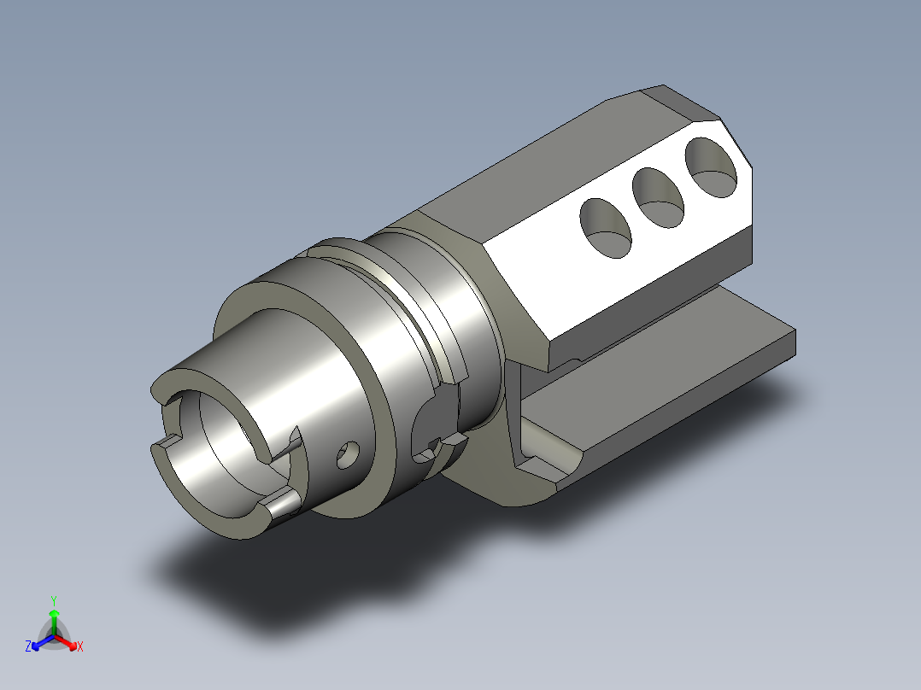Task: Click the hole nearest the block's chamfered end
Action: (x=711, y=167)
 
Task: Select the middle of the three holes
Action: (x=658, y=198)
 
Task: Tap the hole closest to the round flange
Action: (x=606, y=228)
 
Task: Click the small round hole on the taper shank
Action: (x=348, y=456)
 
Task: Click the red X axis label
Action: (x=80, y=646)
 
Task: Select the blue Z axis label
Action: (x=28, y=646)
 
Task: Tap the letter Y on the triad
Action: (x=54, y=600)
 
